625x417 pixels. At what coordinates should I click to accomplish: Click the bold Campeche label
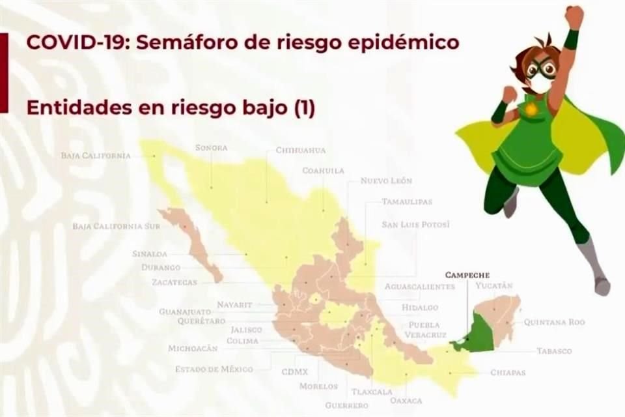[467, 275]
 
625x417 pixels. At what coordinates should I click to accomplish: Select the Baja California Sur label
[107, 227]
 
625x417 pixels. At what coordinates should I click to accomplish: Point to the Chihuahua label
[300, 150]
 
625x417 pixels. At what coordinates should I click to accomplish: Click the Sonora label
[211, 148]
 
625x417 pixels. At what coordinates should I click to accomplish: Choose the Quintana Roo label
[554, 322]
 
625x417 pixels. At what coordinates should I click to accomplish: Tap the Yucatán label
[494, 285]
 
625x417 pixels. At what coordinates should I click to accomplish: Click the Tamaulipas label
[407, 202]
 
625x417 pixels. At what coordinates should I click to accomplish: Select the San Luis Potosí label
[416, 225]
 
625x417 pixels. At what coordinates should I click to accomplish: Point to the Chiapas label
[508, 373]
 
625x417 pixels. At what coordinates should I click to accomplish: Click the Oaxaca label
[406, 401]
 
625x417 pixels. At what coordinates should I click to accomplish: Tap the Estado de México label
[214, 369]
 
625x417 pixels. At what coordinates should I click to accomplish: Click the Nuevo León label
[386, 180]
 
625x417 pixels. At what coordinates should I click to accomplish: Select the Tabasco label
[554, 351]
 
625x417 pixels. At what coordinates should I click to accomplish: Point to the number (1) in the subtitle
[304, 108]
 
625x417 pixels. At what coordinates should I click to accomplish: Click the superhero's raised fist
[574, 16]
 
